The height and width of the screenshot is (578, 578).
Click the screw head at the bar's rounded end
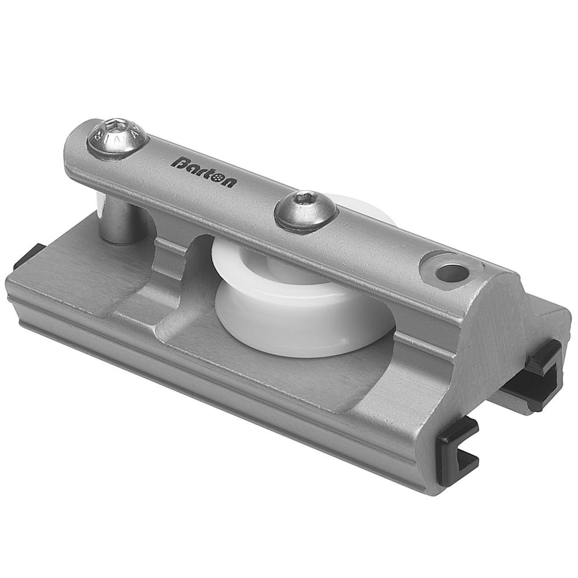(x=117, y=138)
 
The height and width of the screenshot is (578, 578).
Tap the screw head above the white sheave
(x=305, y=210)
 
